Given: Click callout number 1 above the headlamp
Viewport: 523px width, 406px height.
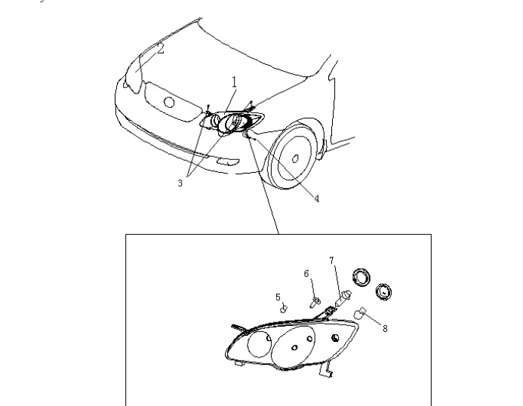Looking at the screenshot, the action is [x=235, y=82].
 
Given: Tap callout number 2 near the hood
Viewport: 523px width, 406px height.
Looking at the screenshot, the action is [x=161, y=49].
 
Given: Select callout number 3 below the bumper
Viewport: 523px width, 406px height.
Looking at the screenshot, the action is [x=180, y=183].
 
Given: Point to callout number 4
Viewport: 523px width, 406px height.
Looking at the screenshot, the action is [x=317, y=198].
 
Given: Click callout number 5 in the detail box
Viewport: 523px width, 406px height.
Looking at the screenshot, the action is [x=278, y=297].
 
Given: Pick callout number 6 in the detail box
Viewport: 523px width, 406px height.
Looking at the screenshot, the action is [x=306, y=274].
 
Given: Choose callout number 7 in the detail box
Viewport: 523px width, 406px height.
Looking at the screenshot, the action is [x=331, y=260].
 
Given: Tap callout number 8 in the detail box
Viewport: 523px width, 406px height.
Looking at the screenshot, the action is [x=385, y=329].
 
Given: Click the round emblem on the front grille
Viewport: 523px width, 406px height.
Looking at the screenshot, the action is [x=170, y=102].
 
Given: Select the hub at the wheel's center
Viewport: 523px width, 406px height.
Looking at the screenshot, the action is [x=295, y=158].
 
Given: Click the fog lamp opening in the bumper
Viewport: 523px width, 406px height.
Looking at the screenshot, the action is [x=228, y=161].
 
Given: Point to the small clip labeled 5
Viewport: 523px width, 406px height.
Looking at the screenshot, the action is [x=284, y=309].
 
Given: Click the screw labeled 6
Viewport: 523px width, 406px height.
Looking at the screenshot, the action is [x=315, y=303].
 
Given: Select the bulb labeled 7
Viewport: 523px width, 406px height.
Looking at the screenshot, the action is [x=343, y=297].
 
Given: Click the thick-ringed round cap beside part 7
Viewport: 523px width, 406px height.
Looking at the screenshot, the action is [x=361, y=277].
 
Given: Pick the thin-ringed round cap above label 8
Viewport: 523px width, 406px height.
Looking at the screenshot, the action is [x=383, y=292].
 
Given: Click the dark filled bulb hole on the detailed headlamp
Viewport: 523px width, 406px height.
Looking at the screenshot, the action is [x=335, y=338].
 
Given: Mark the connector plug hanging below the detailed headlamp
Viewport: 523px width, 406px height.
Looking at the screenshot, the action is [x=326, y=371].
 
